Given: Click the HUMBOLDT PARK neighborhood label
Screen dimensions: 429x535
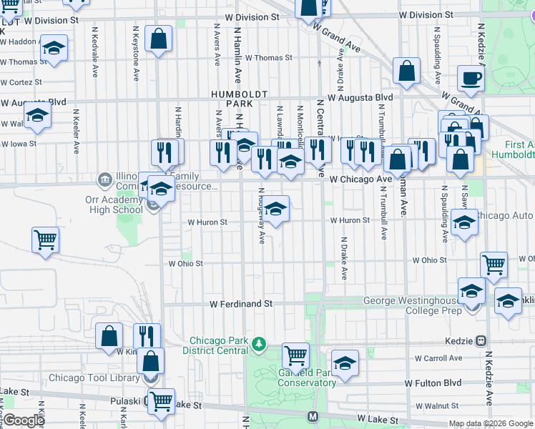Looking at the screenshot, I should [x=239, y=99].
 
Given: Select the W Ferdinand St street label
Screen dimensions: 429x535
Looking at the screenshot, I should [x=241, y=304].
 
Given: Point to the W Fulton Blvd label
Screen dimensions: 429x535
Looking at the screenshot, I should [x=433, y=383].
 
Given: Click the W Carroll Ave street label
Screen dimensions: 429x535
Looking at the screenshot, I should [x=443, y=357].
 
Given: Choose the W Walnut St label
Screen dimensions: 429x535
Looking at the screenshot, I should [x=441, y=406].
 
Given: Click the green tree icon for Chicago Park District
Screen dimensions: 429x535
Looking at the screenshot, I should [x=259, y=346].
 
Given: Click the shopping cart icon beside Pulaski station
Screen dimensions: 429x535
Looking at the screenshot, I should [x=161, y=401].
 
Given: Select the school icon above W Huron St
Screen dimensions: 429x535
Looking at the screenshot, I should [x=275, y=209].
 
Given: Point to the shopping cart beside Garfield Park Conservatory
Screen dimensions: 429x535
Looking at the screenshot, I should [x=295, y=354].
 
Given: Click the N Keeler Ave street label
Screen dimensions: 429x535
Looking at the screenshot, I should [x=76, y=132].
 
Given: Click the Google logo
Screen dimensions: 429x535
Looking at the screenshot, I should [x=24, y=420].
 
